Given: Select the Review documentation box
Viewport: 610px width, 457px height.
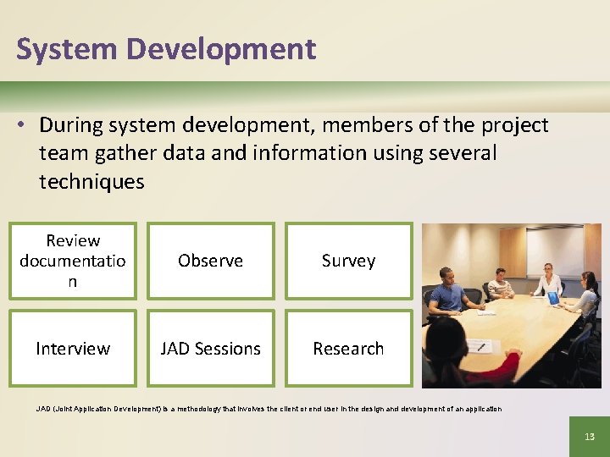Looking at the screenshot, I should pyautogui.click(x=73, y=261).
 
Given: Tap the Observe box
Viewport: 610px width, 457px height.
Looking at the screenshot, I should pyautogui.click(x=211, y=261).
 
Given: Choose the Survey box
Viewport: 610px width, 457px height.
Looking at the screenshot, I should pyautogui.click(x=348, y=261).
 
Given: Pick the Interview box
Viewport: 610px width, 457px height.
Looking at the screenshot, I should pyautogui.click(x=73, y=349).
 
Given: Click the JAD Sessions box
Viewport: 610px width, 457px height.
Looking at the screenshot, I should pyautogui.click(x=211, y=349).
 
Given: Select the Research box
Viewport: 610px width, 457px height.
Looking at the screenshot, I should pyautogui.click(x=348, y=349).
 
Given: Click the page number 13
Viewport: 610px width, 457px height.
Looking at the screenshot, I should pyautogui.click(x=589, y=437).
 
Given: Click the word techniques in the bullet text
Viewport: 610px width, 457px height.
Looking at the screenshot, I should pyautogui.click(x=91, y=181).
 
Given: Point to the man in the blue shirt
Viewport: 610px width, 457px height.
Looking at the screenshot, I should pyautogui.click(x=446, y=295).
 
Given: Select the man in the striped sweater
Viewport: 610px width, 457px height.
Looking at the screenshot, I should pyautogui.click(x=500, y=286).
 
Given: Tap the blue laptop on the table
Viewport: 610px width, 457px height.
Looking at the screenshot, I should pyautogui.click(x=553, y=298).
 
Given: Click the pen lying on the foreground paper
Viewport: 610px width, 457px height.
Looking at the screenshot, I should pyautogui.click(x=480, y=346).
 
